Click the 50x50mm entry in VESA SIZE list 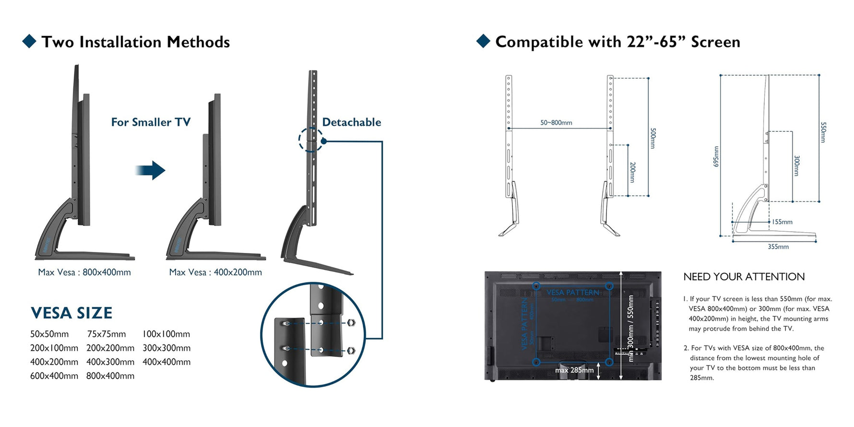[x=49, y=334]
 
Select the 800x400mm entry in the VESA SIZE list [x=110, y=376]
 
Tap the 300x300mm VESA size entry [x=166, y=348]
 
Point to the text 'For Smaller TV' [x=151, y=122]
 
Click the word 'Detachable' [x=352, y=122]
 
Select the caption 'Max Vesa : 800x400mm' [x=84, y=272]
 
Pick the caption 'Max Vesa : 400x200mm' [x=215, y=272]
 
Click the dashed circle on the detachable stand [x=310, y=140]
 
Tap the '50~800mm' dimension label [x=556, y=123]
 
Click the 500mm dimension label [x=653, y=138]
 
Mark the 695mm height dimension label [x=716, y=156]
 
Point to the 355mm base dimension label [x=778, y=247]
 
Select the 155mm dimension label [x=782, y=222]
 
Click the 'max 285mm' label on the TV [x=574, y=370]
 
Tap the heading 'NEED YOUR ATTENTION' [x=744, y=277]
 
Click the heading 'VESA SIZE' [x=71, y=313]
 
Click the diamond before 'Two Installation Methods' [x=29, y=41]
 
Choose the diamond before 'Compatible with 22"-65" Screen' [x=483, y=41]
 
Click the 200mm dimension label [x=632, y=172]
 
